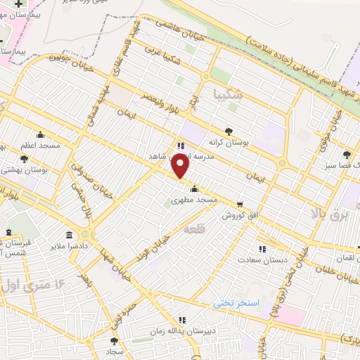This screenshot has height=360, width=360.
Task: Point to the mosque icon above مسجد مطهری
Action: tap(194, 188)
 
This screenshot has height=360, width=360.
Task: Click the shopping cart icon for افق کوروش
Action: tap(240, 204)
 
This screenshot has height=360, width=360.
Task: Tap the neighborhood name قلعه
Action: tap(192, 229)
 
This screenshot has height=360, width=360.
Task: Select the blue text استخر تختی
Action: tap(237, 302)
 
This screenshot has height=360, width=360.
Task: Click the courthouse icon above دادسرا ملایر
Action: tap(69, 234)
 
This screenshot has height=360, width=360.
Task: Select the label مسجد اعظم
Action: tap(39, 146)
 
